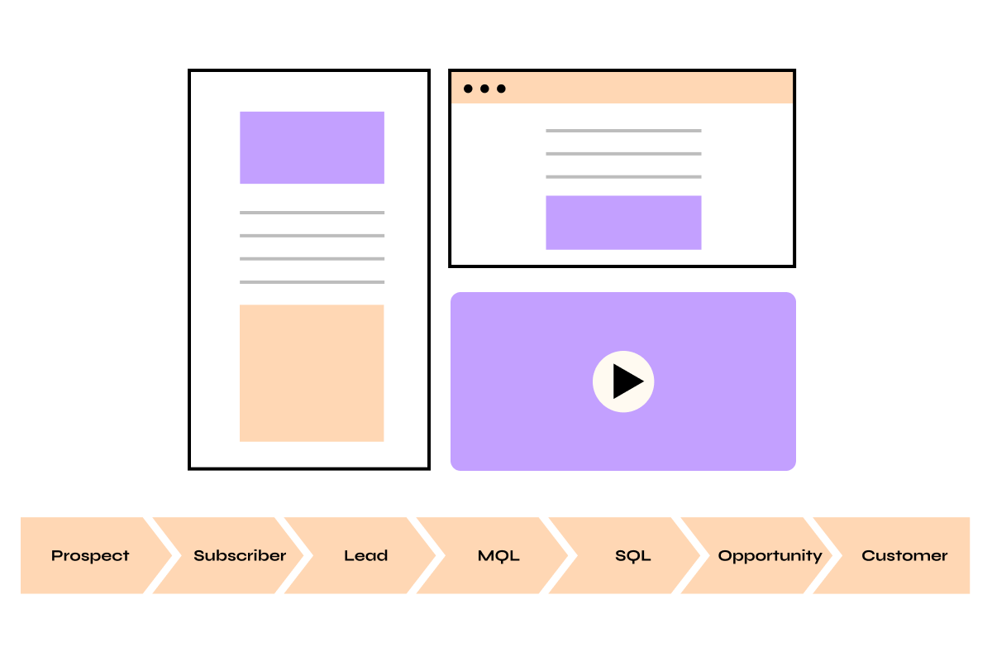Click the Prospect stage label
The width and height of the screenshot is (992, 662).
point(90,555)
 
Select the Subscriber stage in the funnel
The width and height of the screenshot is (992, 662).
point(240,555)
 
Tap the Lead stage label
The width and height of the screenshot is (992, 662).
point(365,555)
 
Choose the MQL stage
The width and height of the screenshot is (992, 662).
point(498,555)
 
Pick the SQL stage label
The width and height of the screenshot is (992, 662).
point(632,555)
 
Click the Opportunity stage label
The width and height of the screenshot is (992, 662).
point(770,555)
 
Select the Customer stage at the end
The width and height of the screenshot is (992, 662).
point(904,555)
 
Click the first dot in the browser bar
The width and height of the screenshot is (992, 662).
point(469,89)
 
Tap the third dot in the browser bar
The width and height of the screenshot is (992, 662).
point(501,89)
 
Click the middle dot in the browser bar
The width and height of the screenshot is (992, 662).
point(484,89)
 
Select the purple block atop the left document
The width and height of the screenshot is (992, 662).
point(312,147)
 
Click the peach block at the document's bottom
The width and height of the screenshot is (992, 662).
point(312,372)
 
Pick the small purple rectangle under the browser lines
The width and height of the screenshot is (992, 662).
point(623,222)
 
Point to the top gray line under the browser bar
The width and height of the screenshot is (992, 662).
point(623,131)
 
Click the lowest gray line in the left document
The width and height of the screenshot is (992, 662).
point(312,282)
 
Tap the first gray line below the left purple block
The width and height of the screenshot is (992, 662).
point(312,213)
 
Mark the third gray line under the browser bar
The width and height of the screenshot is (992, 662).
point(623,176)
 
